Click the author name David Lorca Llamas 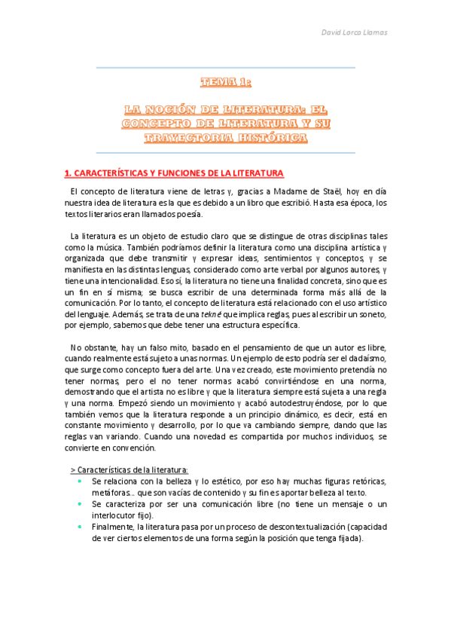(x=354, y=32)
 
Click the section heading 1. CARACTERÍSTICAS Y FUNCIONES (x=174, y=173)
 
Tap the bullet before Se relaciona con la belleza (x=80, y=480)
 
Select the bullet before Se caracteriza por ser (x=80, y=503)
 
